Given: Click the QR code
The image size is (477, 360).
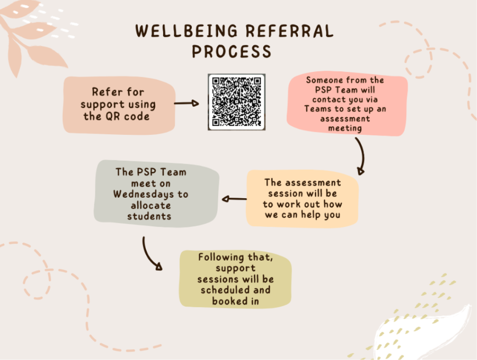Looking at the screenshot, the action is tap(236, 102).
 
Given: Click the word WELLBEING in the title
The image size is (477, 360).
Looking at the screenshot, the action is tap(186, 31).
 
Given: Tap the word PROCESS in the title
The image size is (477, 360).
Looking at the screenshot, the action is tap(231, 51).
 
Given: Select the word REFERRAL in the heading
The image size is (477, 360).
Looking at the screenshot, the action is tap(289, 31).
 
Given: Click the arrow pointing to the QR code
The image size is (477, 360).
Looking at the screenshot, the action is tap(186, 104).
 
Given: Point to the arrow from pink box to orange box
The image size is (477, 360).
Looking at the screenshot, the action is tap(361, 156).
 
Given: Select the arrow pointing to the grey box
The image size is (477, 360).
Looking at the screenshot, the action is tap(234, 199).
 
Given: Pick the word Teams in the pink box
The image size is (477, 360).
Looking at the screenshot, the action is tap(318, 109).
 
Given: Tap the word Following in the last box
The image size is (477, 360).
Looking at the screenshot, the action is tap(221, 257).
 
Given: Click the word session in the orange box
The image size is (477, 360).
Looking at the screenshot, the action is tap(285, 193).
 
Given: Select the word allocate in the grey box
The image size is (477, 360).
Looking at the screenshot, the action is tap(151, 206).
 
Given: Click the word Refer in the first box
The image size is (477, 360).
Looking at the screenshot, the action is tap(105, 92).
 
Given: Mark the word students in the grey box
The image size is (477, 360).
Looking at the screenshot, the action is tap(149, 216).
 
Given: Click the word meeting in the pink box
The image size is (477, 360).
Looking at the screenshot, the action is tap(345, 128).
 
